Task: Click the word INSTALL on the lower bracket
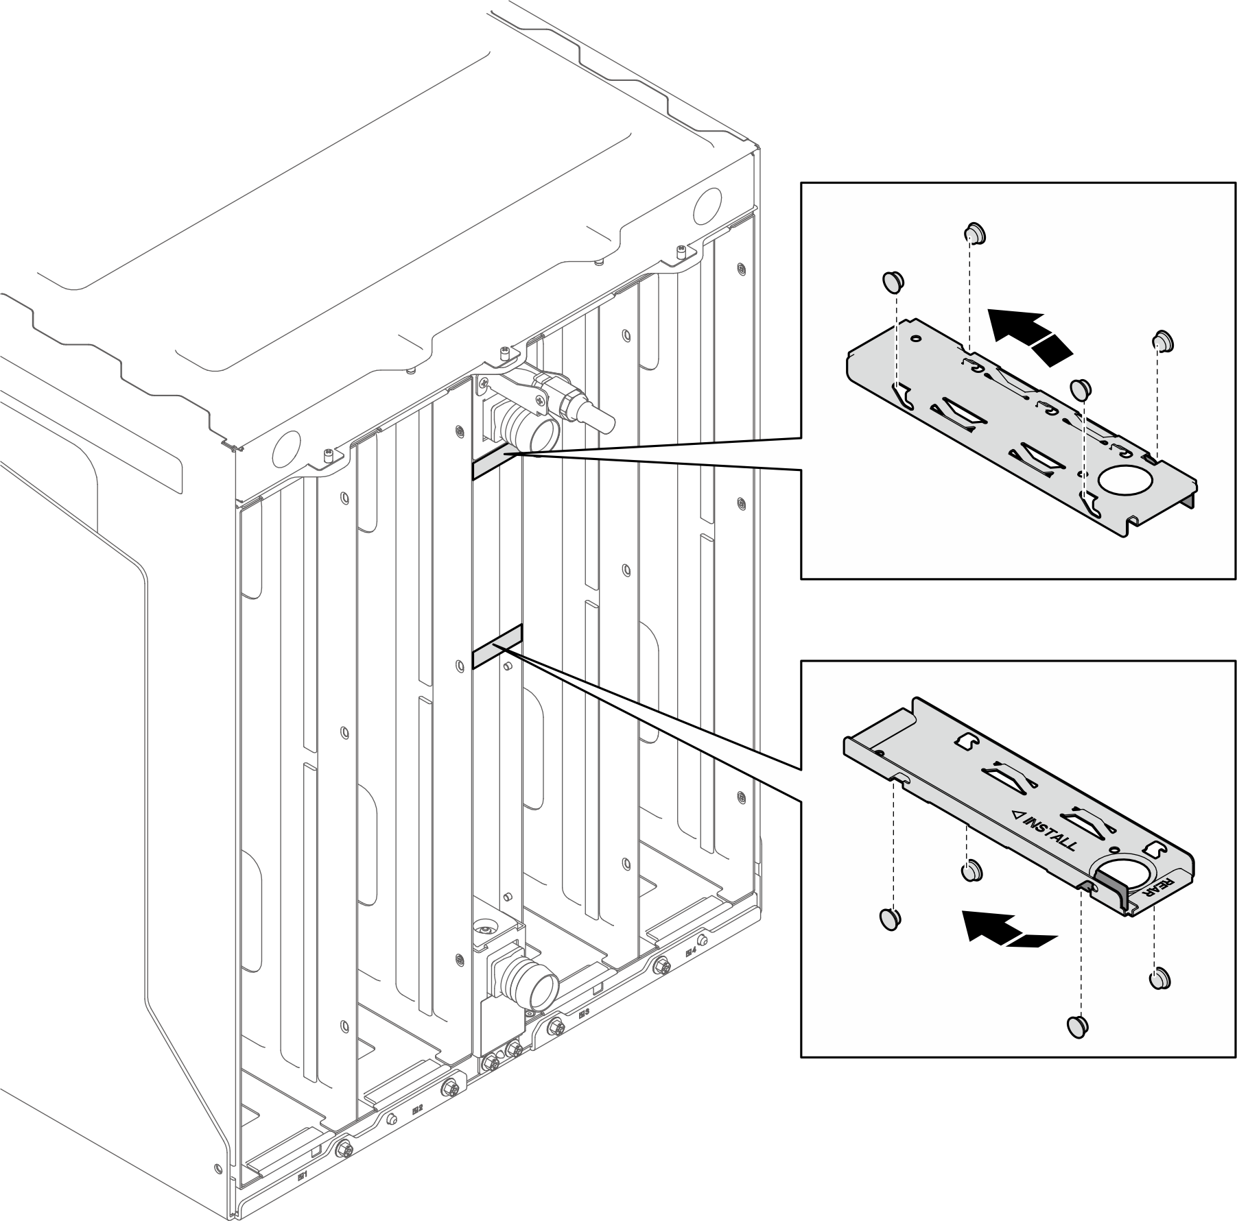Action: click(1048, 830)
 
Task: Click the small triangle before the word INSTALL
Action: click(1018, 816)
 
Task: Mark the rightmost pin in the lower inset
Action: click(1160, 977)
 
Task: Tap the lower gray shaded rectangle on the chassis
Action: click(498, 645)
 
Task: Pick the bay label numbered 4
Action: click(691, 953)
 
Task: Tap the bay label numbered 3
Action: click(584, 1011)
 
